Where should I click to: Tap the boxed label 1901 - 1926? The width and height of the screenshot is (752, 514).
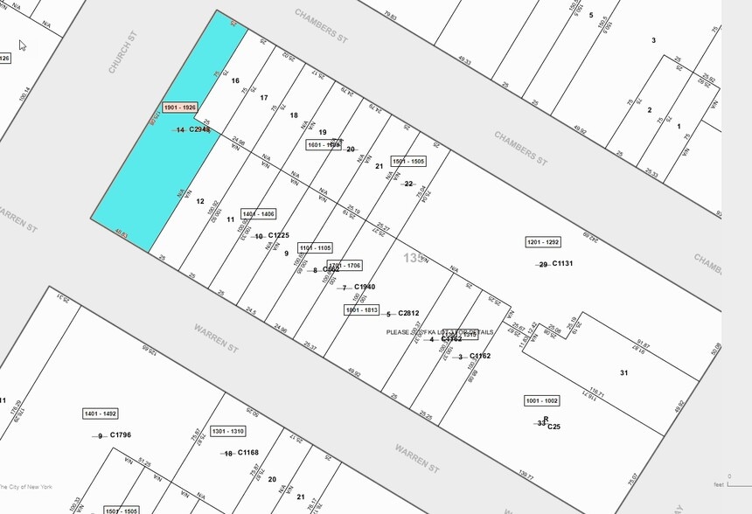(x=181, y=108)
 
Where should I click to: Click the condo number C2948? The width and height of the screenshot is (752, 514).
(x=199, y=130)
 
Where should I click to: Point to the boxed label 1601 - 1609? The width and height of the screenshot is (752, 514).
(x=323, y=145)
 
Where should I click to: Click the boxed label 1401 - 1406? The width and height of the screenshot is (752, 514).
(x=258, y=214)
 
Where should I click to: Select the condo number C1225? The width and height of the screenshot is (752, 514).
(x=278, y=236)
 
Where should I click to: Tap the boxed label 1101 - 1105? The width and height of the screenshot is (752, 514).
(x=315, y=248)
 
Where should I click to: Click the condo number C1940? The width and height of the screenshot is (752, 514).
(x=365, y=288)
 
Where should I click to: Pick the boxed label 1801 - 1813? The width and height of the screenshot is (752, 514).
(x=361, y=309)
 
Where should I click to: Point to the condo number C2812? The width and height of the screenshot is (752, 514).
(x=408, y=314)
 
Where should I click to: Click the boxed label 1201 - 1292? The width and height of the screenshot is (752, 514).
(x=542, y=242)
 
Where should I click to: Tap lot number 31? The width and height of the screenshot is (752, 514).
(x=623, y=373)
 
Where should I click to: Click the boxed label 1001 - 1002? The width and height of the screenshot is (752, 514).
(x=542, y=400)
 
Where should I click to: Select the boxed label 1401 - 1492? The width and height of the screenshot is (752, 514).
(x=100, y=413)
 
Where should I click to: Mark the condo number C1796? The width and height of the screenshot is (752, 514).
(x=120, y=435)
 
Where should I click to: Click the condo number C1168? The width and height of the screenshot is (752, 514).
(x=247, y=453)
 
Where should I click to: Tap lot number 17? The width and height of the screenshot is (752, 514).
(x=264, y=98)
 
